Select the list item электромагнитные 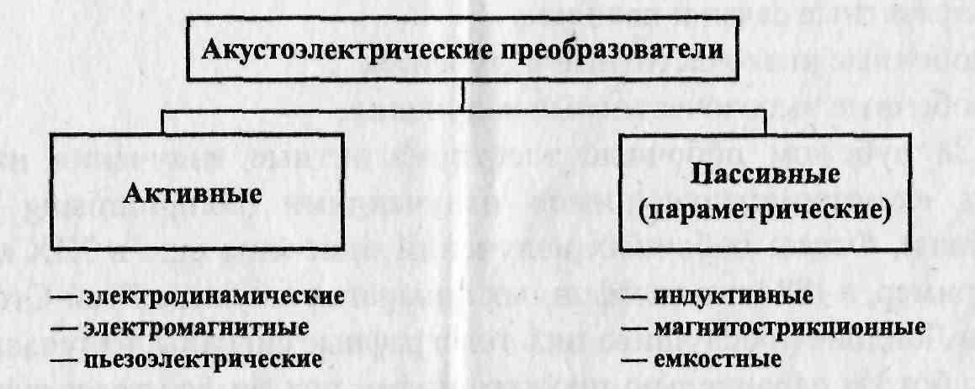(197, 327)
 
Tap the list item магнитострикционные (790, 328)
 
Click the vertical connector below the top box (464, 96)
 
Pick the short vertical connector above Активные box (163, 123)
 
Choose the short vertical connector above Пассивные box (765, 123)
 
